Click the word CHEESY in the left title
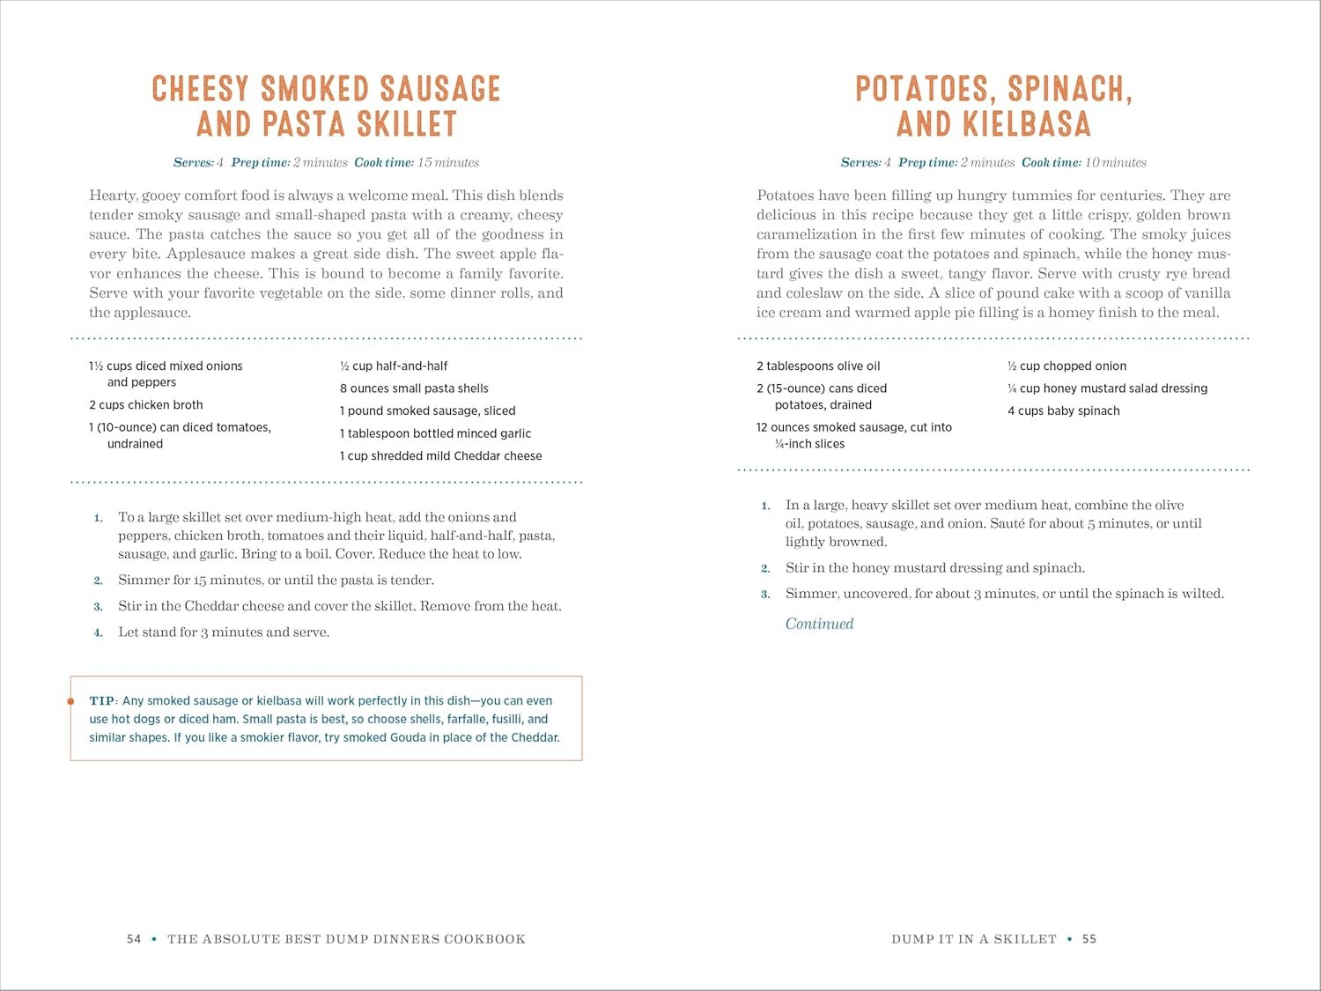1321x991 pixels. tap(200, 89)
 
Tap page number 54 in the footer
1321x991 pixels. tap(134, 939)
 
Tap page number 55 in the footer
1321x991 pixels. tap(1089, 939)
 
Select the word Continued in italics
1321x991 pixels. tap(819, 624)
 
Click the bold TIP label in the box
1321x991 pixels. tap(101, 701)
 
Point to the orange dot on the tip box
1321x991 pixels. tap(70, 701)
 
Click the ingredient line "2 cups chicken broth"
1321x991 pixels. tap(146, 405)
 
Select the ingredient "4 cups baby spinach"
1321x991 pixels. tap(1064, 410)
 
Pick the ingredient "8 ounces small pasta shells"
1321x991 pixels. tap(414, 388)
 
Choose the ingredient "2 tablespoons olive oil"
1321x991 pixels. tap(818, 366)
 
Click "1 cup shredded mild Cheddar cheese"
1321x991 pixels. tap(440, 456)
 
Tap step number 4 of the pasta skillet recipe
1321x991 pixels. tap(98, 632)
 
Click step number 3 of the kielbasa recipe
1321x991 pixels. tap(765, 595)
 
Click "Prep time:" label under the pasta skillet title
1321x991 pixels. tap(261, 163)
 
